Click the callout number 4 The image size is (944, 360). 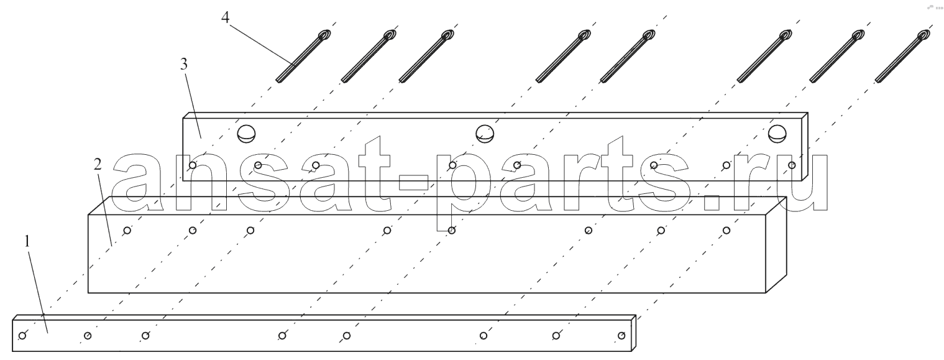(x=226, y=17)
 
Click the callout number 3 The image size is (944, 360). (x=184, y=65)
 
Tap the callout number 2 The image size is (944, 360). (x=98, y=164)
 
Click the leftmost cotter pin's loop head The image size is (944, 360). (x=324, y=35)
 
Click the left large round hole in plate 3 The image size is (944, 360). (x=247, y=134)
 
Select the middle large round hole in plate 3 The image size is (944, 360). (x=485, y=134)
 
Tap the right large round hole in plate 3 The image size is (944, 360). (x=777, y=134)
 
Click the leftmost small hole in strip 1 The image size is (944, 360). (x=23, y=336)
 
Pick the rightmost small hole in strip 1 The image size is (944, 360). (x=621, y=336)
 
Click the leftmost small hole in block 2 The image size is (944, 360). (x=127, y=230)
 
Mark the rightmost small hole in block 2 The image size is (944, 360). (x=726, y=230)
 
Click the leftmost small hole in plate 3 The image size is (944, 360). (x=192, y=165)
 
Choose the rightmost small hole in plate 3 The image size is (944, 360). (x=792, y=165)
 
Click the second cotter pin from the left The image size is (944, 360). (x=369, y=57)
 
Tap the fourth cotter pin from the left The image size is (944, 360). (x=564, y=57)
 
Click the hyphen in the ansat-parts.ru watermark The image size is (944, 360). (x=413, y=183)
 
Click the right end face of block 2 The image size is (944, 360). (x=776, y=244)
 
